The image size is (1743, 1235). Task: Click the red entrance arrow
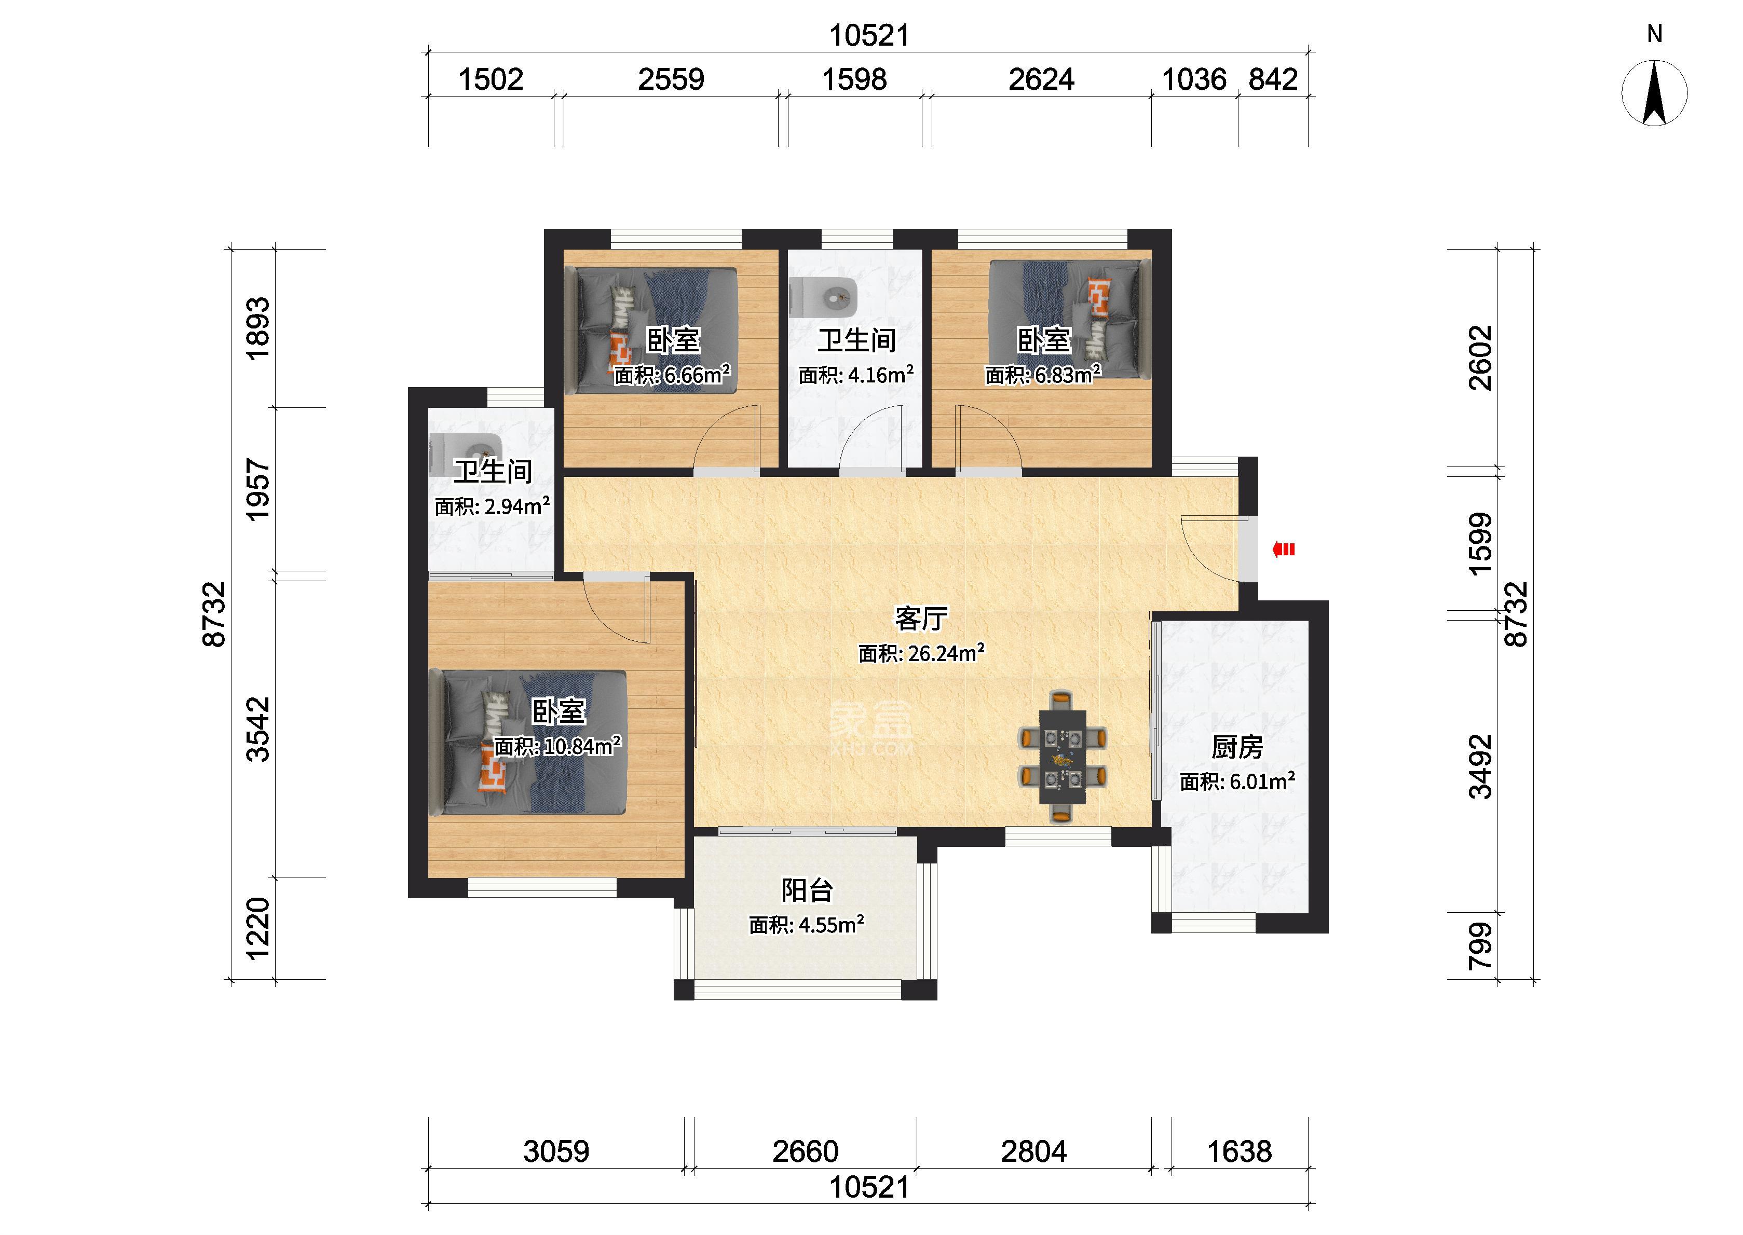click(x=1284, y=549)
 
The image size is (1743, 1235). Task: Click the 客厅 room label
click(x=921, y=619)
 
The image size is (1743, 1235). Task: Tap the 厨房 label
click(x=1237, y=748)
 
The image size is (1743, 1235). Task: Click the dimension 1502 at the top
click(x=491, y=79)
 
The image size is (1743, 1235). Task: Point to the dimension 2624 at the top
click(x=1041, y=79)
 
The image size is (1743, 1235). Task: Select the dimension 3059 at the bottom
click(x=556, y=1151)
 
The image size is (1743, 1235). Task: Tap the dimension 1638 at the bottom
click(x=1240, y=1151)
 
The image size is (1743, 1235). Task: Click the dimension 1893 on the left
click(x=258, y=328)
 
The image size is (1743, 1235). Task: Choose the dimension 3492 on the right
click(x=1480, y=766)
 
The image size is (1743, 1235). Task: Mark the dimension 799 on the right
click(x=1480, y=946)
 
